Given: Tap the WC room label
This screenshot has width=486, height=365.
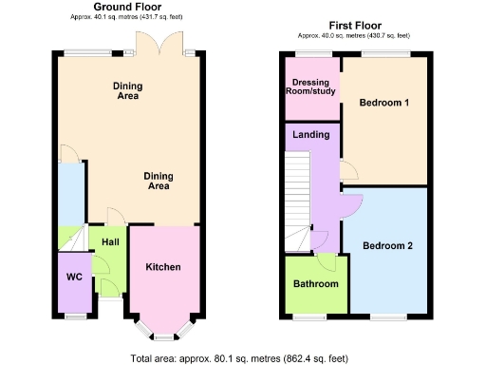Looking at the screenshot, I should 73,279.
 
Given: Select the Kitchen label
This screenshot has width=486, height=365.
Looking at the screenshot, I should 162,267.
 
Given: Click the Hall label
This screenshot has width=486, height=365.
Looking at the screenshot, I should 110,242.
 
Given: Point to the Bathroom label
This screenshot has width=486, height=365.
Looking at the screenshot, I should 315,284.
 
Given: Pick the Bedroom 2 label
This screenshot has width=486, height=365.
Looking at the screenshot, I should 388,246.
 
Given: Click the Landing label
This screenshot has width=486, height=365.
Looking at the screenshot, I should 311,135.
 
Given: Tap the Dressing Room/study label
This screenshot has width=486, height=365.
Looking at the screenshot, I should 312,87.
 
